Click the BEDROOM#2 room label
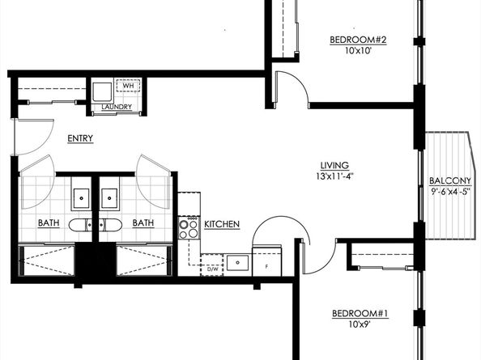[x=358, y=40]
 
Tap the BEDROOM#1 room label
[x=360, y=314]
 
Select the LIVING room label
[x=334, y=166]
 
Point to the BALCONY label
[x=449, y=180]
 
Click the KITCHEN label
[x=222, y=224]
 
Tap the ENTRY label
[x=80, y=138]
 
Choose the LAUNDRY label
[x=117, y=107]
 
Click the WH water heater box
[x=128, y=86]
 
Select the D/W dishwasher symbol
[x=212, y=265]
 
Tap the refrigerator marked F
[x=266, y=260]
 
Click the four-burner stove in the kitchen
[x=189, y=227]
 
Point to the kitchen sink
[x=237, y=263]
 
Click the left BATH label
[x=49, y=223]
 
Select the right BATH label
[x=143, y=223]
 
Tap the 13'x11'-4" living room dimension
[x=335, y=176]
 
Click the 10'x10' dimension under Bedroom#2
[x=358, y=50]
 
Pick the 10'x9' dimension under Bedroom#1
[x=360, y=324]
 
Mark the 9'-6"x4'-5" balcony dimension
[x=450, y=192]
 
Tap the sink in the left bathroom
[x=81, y=198]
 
